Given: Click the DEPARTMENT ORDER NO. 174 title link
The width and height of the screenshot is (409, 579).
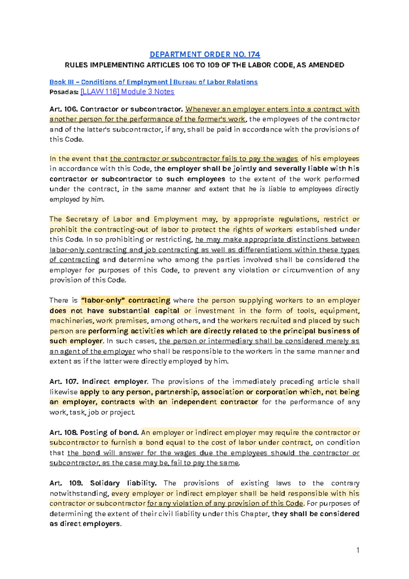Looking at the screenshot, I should (x=205, y=55).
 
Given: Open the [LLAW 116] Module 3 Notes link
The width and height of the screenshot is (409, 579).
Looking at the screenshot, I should (x=127, y=92).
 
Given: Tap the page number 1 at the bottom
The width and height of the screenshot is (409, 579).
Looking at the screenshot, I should (x=358, y=550).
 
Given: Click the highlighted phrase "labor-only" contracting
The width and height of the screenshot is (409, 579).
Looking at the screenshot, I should (x=125, y=300).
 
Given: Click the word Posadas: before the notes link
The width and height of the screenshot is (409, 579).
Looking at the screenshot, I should (x=64, y=92).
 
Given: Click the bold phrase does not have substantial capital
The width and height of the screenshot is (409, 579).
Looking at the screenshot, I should (x=114, y=311).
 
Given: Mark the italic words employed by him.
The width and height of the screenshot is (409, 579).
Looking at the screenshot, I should (x=77, y=199).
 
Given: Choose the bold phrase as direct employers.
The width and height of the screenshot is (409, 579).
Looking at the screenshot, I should (x=85, y=524).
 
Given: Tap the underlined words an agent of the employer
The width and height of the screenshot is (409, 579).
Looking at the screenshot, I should (x=92, y=351).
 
